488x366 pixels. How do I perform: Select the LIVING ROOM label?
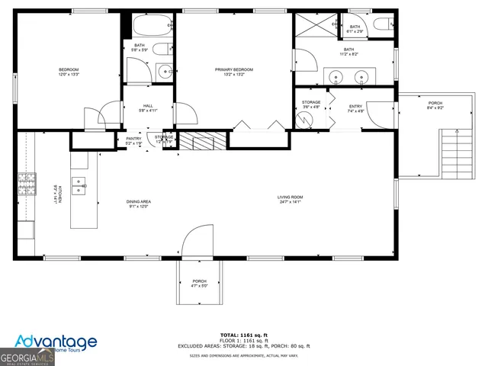pyautogui.click(x=290, y=200)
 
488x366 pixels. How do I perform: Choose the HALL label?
pyautogui.click(x=149, y=108)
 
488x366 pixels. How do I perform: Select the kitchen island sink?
pyautogui.click(x=79, y=183)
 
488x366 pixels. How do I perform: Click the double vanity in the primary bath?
pyautogui.click(x=350, y=76)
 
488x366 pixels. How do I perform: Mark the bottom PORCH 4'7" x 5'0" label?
pyautogui.click(x=199, y=283)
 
